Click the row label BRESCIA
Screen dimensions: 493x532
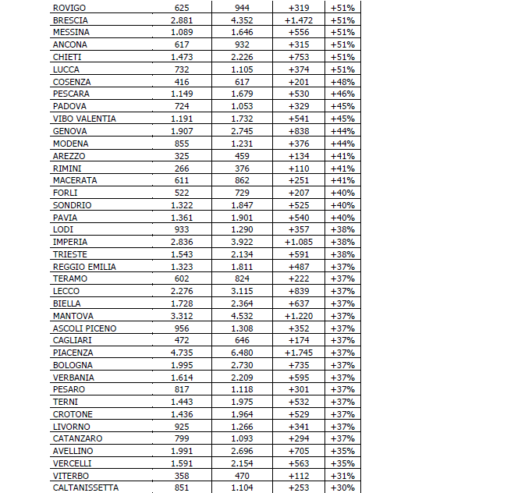pos(70,20)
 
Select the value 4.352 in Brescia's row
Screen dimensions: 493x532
pos(242,20)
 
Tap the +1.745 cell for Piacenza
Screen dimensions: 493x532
pos(299,353)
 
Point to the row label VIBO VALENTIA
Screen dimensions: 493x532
pos(84,119)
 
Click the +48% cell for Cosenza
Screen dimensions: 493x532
pos(342,82)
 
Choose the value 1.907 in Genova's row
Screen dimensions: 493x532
pos(182,131)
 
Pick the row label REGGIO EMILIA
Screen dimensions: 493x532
pos(84,267)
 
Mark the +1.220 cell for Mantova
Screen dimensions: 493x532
pos(299,316)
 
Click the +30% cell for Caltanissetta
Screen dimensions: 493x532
pos(342,488)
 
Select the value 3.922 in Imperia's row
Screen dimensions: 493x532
pos(242,242)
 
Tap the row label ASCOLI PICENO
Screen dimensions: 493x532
pos(84,328)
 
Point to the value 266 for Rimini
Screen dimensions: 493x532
pos(182,168)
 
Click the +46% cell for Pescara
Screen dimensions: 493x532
pos(342,94)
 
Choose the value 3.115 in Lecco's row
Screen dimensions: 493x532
pos(242,291)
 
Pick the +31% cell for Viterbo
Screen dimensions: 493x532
pos(342,475)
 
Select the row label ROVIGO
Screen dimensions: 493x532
pos(69,8)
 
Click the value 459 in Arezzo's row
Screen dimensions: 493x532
pos(242,156)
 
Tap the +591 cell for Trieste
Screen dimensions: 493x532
pos(299,254)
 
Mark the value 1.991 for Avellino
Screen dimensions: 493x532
pos(182,451)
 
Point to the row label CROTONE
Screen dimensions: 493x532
pos(73,414)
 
